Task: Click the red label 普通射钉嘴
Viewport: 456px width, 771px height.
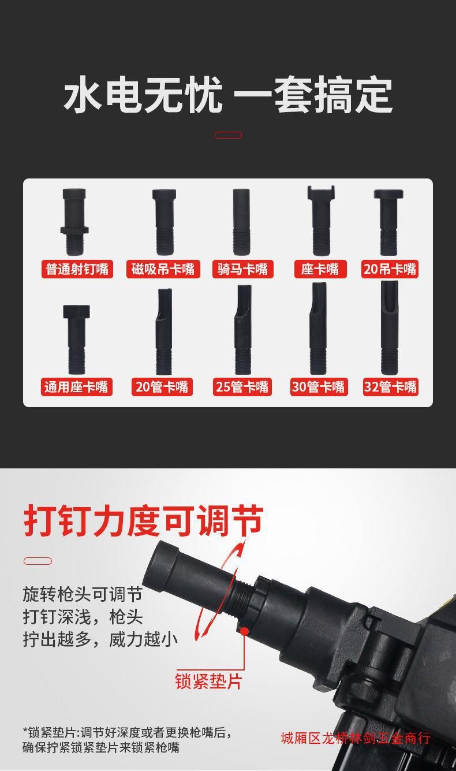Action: point(77,269)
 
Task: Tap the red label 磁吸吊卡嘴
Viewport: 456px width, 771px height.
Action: point(163,269)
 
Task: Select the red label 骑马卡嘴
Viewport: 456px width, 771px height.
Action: point(243,269)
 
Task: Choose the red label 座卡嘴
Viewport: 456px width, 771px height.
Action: point(320,269)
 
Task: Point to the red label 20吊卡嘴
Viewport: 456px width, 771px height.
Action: point(390,269)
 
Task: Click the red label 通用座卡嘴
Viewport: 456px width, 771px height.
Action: point(77,387)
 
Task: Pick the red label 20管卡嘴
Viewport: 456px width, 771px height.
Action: point(162,387)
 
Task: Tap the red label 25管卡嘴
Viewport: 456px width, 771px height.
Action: point(242,387)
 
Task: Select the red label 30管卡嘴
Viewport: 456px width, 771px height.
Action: point(319,387)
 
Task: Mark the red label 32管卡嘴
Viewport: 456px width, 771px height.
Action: point(390,387)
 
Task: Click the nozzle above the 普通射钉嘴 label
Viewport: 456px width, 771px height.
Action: point(74,222)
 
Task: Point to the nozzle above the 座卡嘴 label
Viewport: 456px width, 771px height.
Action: point(321,221)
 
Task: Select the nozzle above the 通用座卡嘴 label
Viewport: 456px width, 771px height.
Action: point(76,340)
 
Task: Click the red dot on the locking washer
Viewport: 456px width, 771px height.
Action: point(245,631)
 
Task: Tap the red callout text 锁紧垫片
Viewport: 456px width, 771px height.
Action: point(208,681)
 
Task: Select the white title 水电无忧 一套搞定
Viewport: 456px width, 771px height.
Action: point(228,95)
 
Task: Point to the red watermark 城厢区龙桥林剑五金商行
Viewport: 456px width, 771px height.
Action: point(356,738)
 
